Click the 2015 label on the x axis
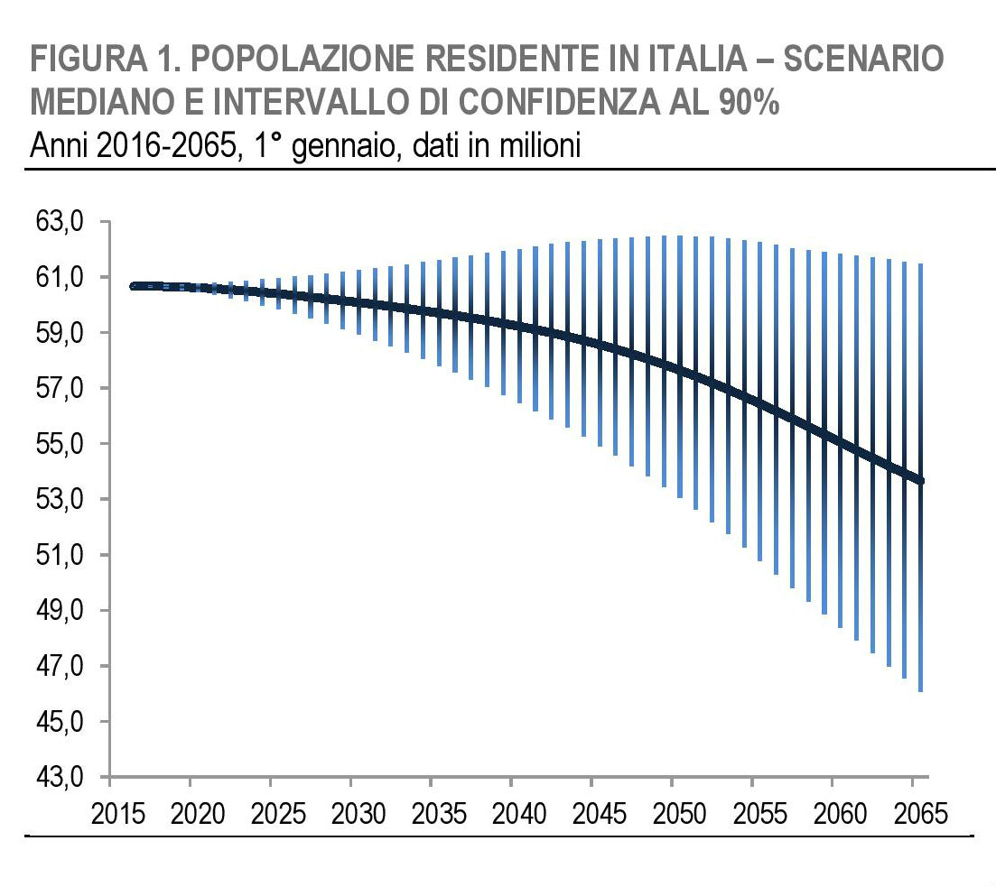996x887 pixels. (x=119, y=814)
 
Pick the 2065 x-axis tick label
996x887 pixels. (x=922, y=814)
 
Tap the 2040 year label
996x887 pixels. (x=520, y=814)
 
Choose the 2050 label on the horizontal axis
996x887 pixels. (x=681, y=814)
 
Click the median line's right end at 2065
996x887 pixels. (x=920, y=480)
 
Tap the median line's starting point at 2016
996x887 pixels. (x=135, y=286)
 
